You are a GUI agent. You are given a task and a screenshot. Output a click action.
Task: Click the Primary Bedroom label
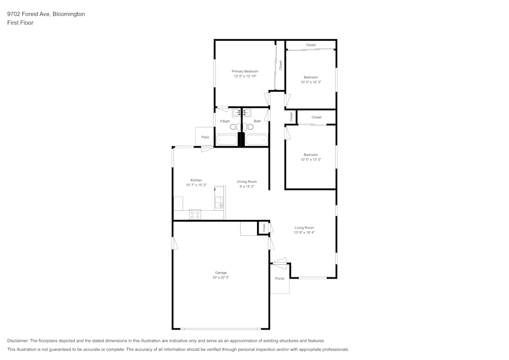(x=245, y=71)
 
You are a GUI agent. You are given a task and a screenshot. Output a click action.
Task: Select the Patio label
(x=205, y=137)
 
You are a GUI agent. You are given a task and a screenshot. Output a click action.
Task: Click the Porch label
(x=279, y=279)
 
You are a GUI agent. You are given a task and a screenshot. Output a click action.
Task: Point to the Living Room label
(x=304, y=228)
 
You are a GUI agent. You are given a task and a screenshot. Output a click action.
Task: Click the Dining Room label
(x=246, y=182)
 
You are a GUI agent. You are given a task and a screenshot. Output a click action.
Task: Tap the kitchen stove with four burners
(x=195, y=215)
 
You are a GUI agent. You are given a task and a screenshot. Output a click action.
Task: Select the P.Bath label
(x=224, y=121)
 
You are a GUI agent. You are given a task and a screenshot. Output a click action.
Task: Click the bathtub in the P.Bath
(x=226, y=140)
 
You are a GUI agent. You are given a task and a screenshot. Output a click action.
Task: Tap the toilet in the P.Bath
(x=234, y=126)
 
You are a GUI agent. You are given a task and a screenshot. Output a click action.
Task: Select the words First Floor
(x=20, y=23)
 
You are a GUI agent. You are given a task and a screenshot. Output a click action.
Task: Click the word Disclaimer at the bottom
(x=18, y=341)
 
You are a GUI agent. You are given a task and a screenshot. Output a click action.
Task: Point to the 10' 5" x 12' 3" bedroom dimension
(x=310, y=82)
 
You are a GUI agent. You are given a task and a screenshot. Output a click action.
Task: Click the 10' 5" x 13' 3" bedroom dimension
(x=310, y=159)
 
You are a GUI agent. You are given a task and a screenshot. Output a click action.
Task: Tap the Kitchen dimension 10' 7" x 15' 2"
(x=196, y=185)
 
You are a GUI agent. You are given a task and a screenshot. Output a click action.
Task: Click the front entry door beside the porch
(x=279, y=263)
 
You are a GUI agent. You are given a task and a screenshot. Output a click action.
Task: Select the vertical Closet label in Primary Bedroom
(x=280, y=65)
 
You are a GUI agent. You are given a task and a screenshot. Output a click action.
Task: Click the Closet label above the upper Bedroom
(x=310, y=45)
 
